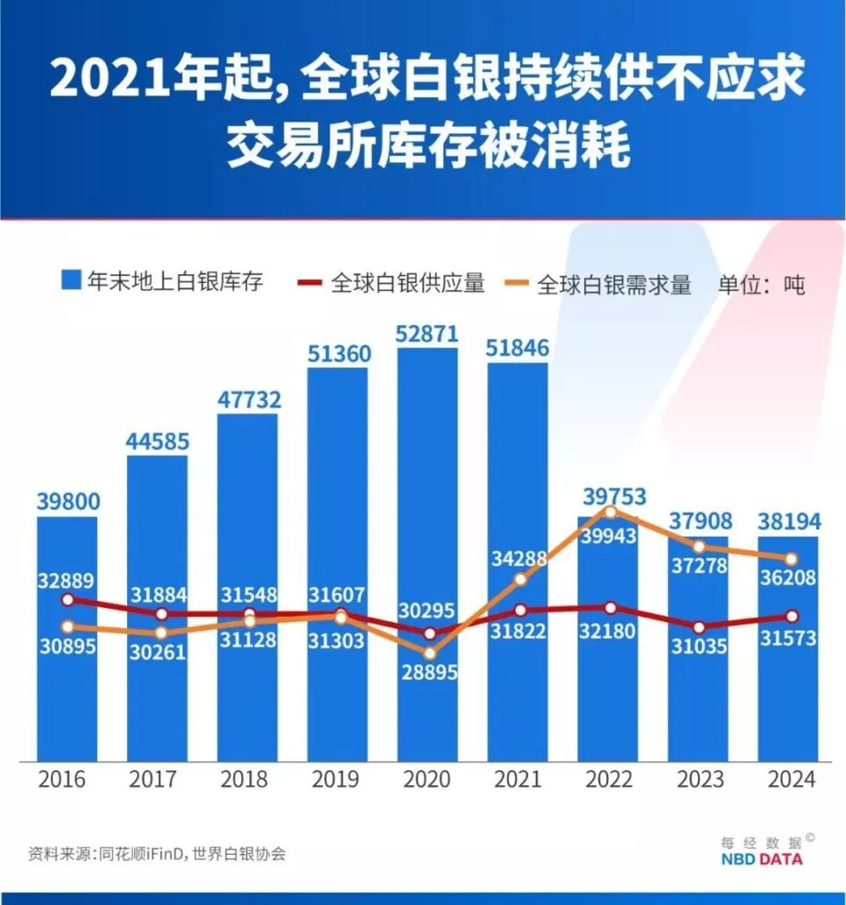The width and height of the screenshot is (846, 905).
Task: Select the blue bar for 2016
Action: tap(67, 687)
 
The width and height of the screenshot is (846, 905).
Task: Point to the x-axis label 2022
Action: tap(608, 780)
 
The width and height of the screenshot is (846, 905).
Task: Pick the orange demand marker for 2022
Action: tap(609, 511)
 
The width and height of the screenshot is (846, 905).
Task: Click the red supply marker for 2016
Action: tap(68, 600)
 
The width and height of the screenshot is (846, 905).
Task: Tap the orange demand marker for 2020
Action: tap(429, 654)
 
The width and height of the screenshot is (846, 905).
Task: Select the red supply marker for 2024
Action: tap(791, 616)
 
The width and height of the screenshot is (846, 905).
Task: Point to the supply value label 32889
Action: tap(67, 580)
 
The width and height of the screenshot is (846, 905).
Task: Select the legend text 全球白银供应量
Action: tap(408, 284)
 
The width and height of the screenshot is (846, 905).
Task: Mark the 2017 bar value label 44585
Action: tap(158, 440)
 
